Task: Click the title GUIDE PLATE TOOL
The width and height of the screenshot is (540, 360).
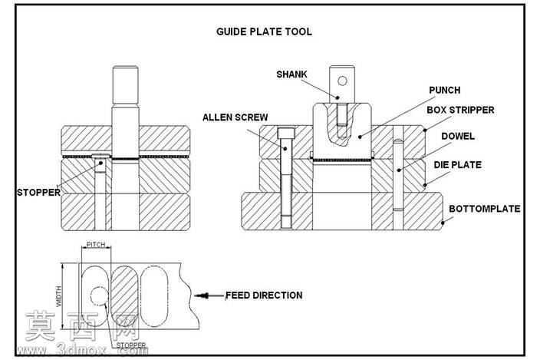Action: pyautogui.click(x=264, y=31)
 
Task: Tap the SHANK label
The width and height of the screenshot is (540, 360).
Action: pyautogui.click(x=291, y=74)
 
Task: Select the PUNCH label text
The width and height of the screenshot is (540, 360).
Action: pyautogui.click(x=445, y=91)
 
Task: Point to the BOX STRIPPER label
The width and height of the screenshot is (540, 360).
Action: pyautogui.click(x=460, y=111)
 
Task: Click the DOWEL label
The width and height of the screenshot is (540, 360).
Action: pyautogui.click(x=458, y=137)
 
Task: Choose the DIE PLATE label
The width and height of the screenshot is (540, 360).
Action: pyautogui.click(x=457, y=165)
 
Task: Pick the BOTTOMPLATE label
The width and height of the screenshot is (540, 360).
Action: pyautogui.click(x=485, y=209)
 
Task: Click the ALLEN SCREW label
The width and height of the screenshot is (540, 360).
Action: pyautogui.click(x=235, y=117)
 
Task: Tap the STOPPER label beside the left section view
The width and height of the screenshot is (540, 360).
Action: pyautogui.click(x=38, y=193)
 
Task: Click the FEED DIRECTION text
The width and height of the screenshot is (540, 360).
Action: pyautogui.click(x=264, y=296)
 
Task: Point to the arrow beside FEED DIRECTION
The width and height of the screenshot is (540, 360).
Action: pyautogui.click(x=209, y=296)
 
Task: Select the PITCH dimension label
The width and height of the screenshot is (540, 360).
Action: pyautogui.click(x=96, y=245)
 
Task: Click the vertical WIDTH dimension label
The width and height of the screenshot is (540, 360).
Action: pyautogui.click(x=59, y=296)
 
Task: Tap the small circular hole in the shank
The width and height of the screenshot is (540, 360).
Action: pyautogui.click(x=342, y=81)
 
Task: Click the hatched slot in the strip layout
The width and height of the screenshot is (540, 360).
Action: pyautogui.click(x=124, y=296)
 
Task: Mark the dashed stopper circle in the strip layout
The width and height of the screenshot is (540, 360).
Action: pyautogui.click(x=99, y=296)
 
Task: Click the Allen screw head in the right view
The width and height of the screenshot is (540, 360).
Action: pyautogui.click(x=286, y=133)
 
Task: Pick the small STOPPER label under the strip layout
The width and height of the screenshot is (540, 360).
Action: pyautogui.click(x=131, y=345)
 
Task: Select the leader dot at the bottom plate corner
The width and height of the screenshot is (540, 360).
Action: pyautogui.click(x=443, y=223)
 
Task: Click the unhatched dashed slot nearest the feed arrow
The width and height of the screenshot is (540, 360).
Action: pyautogui.click(x=154, y=296)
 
